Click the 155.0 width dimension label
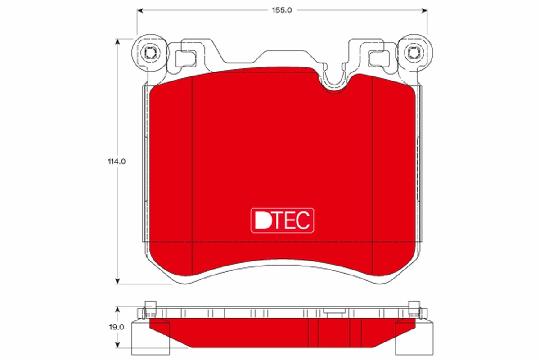[x=282, y=10]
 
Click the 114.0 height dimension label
[x=117, y=161]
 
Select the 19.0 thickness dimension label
[x=117, y=327]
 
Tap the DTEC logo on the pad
[x=282, y=220]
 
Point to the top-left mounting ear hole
[x=150, y=53]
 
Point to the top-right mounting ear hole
[x=414, y=53]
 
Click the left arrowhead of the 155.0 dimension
[x=140, y=10]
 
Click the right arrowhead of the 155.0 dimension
[x=424, y=10]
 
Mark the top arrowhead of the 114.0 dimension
[x=117, y=42]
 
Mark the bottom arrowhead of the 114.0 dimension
[x=117, y=281]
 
